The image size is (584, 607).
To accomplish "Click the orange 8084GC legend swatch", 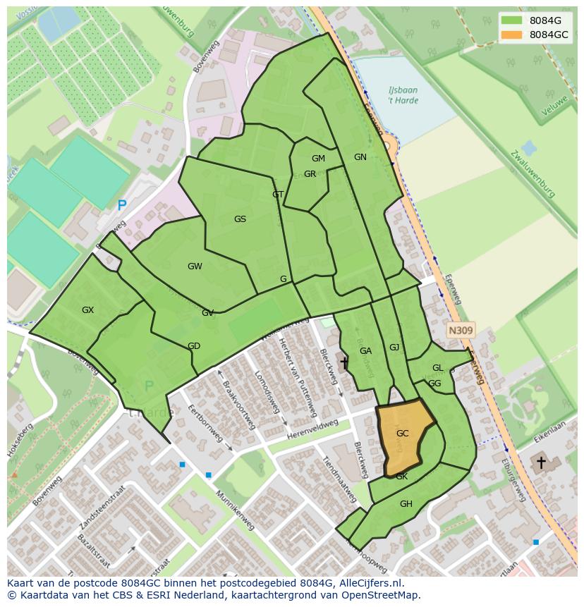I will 513,35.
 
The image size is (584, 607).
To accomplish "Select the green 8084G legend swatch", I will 513,20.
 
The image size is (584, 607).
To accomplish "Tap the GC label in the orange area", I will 403,434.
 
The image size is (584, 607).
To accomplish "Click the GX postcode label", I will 87,310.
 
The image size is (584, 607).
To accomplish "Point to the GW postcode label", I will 195,266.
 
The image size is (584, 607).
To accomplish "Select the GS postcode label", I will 240,219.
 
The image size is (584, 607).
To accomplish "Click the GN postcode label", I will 360,157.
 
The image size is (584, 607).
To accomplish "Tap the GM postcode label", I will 318,159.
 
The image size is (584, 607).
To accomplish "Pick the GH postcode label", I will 406,504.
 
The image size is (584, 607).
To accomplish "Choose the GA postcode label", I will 365,351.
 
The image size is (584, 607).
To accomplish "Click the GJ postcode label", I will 394,348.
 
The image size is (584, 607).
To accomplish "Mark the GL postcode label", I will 438,368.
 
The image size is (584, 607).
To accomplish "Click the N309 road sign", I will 461,330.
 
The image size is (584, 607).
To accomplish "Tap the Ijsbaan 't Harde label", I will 403,96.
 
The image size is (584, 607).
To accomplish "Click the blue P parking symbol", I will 122,206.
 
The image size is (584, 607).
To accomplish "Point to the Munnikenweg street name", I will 235,511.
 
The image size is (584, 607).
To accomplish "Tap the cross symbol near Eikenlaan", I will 541,463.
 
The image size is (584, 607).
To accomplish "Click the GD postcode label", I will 194,346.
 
